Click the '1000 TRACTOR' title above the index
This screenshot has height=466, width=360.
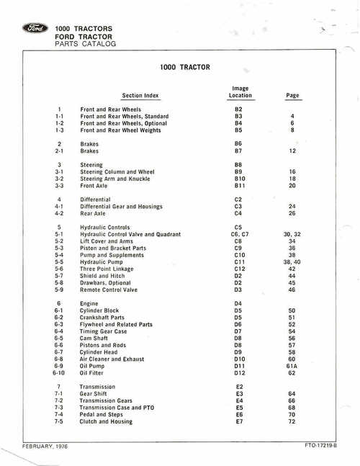(184, 68)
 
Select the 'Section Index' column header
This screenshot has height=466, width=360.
(140, 95)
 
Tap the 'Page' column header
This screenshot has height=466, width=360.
(292, 95)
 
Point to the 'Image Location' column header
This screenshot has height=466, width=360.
(240, 91)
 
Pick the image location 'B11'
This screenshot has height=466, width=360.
(240, 186)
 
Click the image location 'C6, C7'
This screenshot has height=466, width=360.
(240, 234)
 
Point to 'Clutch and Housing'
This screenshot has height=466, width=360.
(106, 421)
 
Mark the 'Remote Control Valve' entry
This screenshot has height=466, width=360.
(109, 290)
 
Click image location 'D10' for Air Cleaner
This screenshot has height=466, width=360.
(240, 359)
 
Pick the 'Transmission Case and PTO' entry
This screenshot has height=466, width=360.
(117, 408)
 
